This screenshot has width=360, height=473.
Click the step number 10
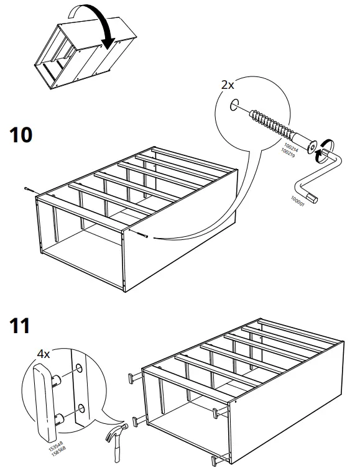coord(22,135)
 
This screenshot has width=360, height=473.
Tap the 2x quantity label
coord(229,85)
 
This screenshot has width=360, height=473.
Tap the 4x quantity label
coord(43,354)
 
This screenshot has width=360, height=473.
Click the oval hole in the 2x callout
coord(233,106)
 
